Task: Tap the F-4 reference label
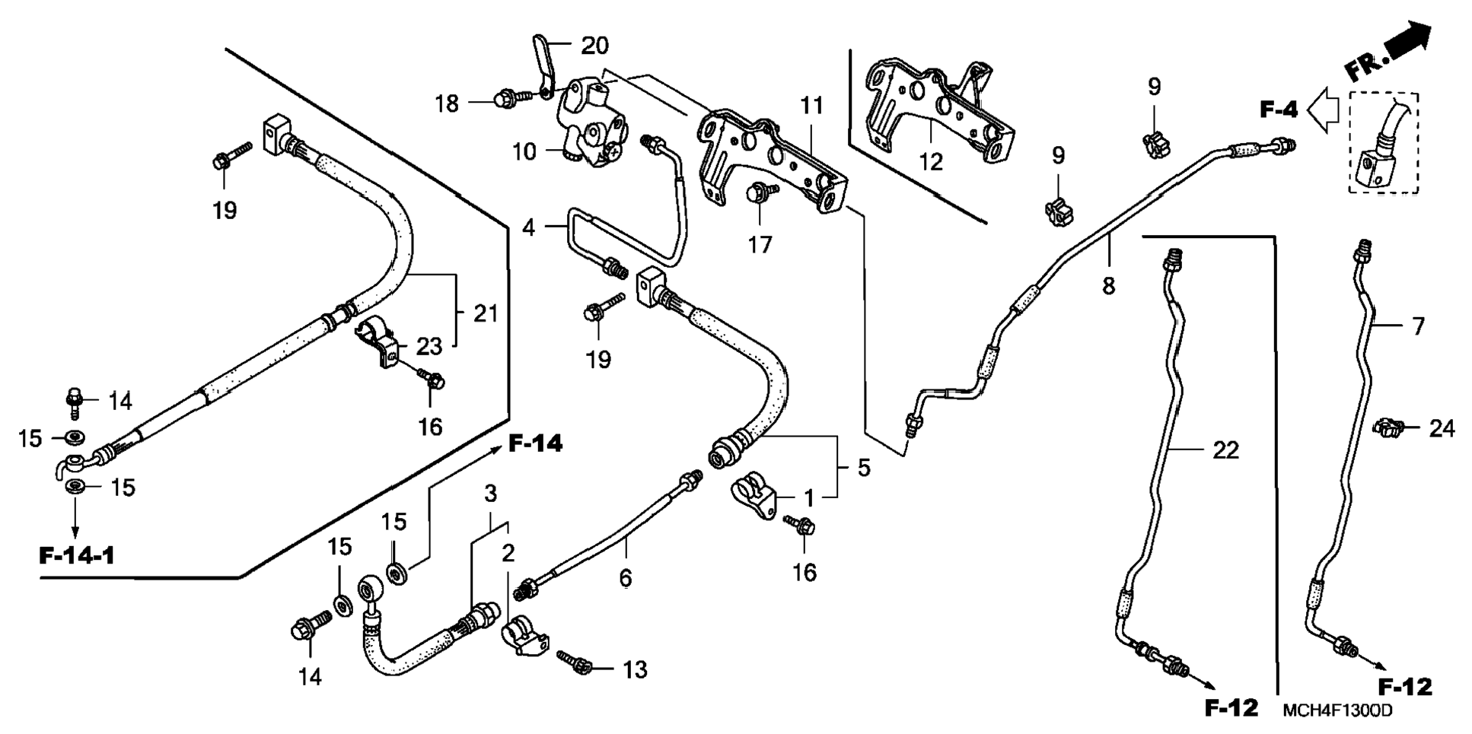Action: [1279, 110]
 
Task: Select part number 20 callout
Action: [595, 46]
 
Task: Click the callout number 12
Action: [931, 162]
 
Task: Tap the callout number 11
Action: [811, 106]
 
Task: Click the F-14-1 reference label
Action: [77, 556]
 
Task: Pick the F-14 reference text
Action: [536, 443]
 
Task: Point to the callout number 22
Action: [1225, 450]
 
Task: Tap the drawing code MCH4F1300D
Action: [1337, 711]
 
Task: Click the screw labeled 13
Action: [575, 662]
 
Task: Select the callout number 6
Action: [625, 578]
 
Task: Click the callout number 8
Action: [1109, 286]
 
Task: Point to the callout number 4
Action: [529, 227]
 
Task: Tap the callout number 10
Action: [524, 152]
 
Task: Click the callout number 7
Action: [1418, 327]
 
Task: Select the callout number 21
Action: [486, 313]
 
